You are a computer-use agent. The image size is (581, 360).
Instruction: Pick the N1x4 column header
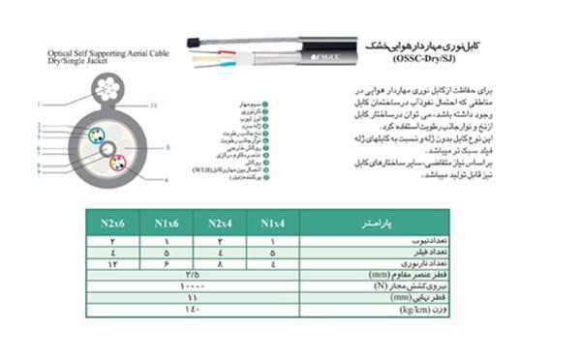pos(274,224)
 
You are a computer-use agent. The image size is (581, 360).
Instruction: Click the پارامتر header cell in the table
pos(378,224)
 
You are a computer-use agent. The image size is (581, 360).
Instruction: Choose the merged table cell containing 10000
pos(194,288)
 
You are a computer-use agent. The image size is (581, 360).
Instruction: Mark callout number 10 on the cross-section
pos(154,104)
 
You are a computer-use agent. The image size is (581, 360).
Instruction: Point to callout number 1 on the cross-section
pos(40,104)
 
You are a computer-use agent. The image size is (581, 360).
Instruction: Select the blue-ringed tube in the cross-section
pos(97,135)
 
